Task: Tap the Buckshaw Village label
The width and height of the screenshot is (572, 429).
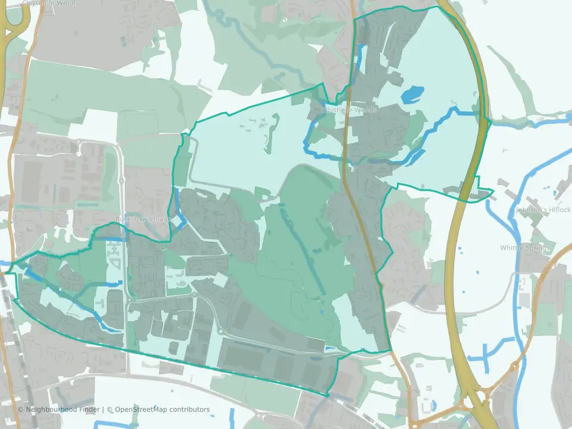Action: point(144,219)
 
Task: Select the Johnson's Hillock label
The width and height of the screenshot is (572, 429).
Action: point(543,210)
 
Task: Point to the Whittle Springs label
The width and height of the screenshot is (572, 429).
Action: point(525,248)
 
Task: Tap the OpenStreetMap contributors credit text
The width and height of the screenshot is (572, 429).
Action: point(162,409)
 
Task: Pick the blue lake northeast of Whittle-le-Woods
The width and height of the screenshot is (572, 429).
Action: point(413,94)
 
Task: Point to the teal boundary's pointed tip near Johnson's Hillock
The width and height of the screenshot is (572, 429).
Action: point(493,192)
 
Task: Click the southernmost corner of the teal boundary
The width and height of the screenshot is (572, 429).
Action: point(328,395)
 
